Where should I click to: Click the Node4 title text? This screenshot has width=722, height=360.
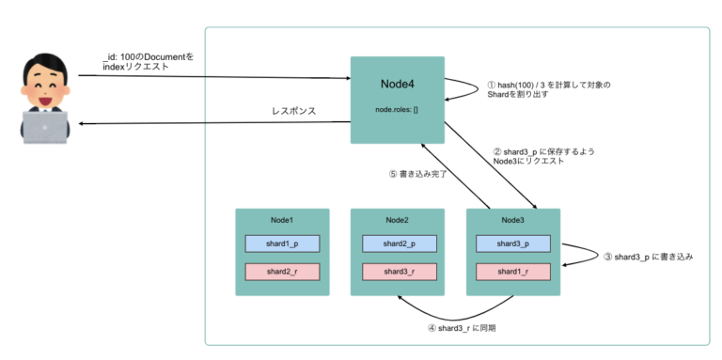coord(397,84)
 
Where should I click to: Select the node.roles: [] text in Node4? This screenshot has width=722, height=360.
coord(397,110)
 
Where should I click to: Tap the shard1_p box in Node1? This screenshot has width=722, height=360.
coord(282,243)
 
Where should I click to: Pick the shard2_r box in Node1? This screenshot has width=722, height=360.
coord(282,271)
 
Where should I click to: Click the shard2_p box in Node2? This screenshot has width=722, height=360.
coord(398,243)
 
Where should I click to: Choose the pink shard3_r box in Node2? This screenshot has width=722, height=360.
coord(398,271)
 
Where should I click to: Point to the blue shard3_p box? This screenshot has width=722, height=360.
coord(513,243)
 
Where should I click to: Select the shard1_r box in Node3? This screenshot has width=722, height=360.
coord(513,271)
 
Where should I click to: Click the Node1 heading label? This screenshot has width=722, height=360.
coord(281,220)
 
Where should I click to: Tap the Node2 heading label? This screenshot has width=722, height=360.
coord(397,220)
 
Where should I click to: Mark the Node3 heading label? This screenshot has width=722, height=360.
coord(513,220)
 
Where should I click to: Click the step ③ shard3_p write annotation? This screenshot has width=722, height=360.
coord(648,256)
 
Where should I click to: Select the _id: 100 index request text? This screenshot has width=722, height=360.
coord(148,62)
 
